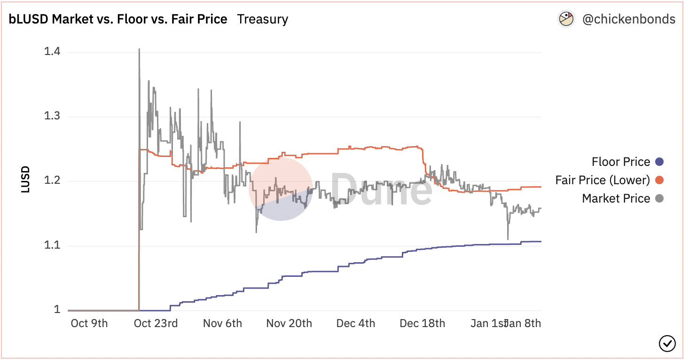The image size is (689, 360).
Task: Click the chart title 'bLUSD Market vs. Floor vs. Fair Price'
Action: (x=118, y=19)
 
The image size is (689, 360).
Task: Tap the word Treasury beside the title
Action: (x=262, y=19)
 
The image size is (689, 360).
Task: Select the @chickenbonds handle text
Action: (x=628, y=19)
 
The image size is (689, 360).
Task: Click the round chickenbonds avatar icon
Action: (x=566, y=19)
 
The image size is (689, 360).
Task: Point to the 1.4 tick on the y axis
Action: (x=52, y=52)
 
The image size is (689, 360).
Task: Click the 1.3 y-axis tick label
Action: (x=52, y=117)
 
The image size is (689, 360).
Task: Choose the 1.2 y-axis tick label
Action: (x=52, y=181)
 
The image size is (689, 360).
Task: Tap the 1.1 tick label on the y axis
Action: (x=52, y=246)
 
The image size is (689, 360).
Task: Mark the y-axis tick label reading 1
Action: (x=57, y=310)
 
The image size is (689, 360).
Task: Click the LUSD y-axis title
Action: (x=25, y=179)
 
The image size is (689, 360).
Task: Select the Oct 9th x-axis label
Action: (x=89, y=323)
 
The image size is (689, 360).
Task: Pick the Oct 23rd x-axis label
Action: (x=156, y=323)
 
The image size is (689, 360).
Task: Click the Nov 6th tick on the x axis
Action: (x=222, y=323)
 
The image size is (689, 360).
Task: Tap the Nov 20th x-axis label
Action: (x=289, y=323)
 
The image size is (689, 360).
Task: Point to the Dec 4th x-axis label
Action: (x=356, y=323)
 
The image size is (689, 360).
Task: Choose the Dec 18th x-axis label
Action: (x=422, y=323)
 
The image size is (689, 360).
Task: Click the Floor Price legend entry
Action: (x=621, y=162)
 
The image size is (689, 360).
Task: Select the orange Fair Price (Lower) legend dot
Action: (x=659, y=180)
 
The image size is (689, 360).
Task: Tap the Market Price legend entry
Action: (x=616, y=198)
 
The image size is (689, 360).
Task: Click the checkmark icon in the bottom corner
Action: (x=667, y=344)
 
